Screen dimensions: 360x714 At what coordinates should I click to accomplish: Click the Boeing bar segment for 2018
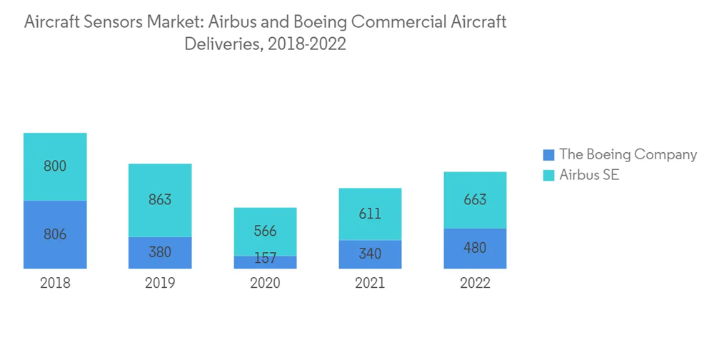tap(55, 234)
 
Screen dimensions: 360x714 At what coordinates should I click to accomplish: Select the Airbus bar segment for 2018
tap(55, 166)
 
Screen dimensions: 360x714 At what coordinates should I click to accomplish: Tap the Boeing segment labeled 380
tap(160, 253)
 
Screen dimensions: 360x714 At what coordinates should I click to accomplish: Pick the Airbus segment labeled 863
tap(160, 200)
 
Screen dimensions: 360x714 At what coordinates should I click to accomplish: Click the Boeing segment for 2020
tap(265, 262)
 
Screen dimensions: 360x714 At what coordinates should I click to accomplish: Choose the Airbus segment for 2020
tap(265, 231)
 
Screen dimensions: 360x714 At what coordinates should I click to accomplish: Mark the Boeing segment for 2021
tap(370, 254)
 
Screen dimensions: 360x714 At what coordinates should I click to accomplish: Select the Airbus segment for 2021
tap(370, 214)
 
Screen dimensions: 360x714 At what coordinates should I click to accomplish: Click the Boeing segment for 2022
tap(475, 249)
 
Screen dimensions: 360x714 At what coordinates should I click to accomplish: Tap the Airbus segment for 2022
tap(475, 199)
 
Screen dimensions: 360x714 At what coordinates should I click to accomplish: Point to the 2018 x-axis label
tap(55, 283)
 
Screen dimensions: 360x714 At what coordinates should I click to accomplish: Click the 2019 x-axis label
tap(160, 283)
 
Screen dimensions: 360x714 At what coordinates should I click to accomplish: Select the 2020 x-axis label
tap(265, 283)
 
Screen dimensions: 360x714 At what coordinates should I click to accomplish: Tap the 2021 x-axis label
tap(370, 283)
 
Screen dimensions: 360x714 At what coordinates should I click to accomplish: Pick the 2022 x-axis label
tap(475, 283)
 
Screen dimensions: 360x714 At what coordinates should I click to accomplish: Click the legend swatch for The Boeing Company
tap(548, 154)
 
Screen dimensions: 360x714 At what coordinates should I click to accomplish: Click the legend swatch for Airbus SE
tap(548, 175)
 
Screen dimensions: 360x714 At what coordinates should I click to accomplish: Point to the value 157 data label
tap(265, 259)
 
